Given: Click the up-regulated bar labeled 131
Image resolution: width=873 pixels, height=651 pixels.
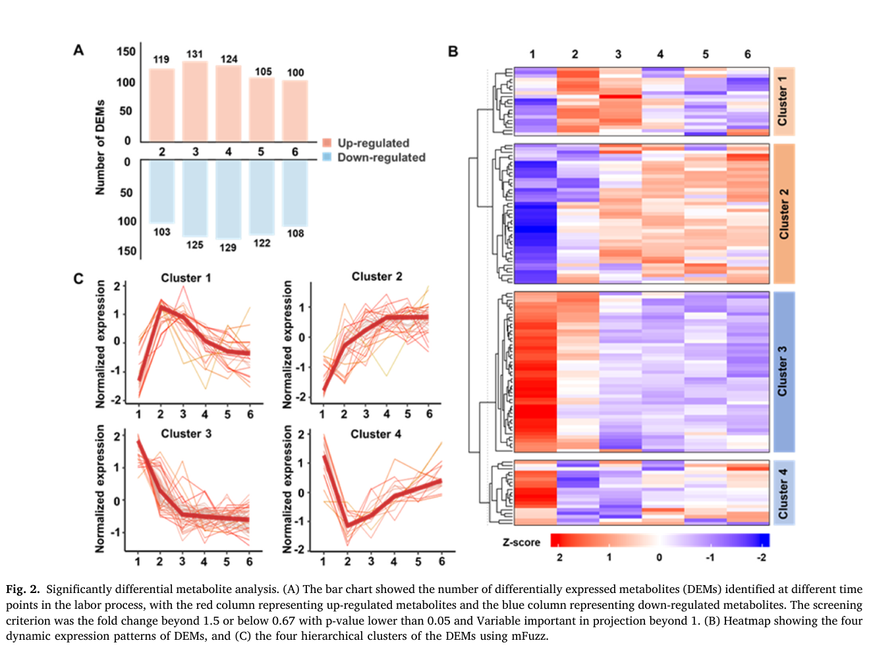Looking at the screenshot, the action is (195, 101).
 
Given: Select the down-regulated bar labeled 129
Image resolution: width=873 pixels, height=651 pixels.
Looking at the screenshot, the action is (228, 200).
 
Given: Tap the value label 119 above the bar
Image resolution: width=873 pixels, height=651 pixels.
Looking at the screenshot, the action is (161, 60).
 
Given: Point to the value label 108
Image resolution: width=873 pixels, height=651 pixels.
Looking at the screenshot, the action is (296, 233).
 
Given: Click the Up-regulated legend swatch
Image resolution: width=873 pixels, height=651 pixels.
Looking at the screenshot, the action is (327, 143).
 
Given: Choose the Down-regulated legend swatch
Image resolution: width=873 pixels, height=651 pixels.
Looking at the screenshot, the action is (327, 157).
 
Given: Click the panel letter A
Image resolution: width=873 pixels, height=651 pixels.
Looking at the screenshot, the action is (79, 51).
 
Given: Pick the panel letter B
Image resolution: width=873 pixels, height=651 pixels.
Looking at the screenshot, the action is (453, 51).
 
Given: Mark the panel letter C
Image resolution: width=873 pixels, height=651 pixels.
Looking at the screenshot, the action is (78, 279).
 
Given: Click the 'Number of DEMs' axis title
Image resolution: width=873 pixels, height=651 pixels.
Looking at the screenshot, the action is (100, 147).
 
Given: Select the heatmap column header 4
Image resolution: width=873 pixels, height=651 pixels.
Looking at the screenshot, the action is (660, 54).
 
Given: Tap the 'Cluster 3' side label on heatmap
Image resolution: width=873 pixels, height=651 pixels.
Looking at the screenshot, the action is (782, 372).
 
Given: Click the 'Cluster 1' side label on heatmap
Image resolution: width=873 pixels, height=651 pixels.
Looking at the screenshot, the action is (782, 101).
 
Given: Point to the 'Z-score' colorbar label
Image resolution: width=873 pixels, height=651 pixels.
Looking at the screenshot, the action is (521, 542).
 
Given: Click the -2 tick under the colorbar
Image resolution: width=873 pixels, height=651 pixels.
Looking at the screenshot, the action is (761, 557).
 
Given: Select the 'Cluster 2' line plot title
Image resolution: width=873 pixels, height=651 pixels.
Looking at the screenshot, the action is (377, 276).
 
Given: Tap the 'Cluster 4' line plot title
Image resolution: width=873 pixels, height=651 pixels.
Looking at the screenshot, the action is (376, 434).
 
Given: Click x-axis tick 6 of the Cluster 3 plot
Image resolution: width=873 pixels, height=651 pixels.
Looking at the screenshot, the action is (249, 561).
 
